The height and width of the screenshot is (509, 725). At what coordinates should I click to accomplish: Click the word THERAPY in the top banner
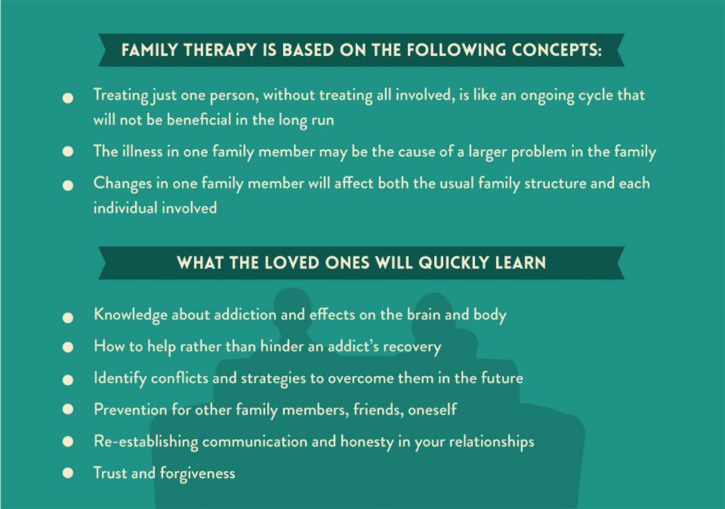click(x=220, y=50)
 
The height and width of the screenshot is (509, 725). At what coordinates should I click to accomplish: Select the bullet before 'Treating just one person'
click(x=68, y=98)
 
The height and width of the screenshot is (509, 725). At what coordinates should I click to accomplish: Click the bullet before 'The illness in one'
click(x=68, y=151)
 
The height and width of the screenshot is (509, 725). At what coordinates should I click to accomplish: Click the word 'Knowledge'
click(x=130, y=315)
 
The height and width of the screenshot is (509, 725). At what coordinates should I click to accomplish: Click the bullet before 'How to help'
click(x=68, y=347)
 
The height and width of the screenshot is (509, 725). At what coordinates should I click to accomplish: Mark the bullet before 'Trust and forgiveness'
click(x=68, y=473)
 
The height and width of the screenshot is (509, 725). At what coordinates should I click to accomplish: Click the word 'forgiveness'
click(x=198, y=474)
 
